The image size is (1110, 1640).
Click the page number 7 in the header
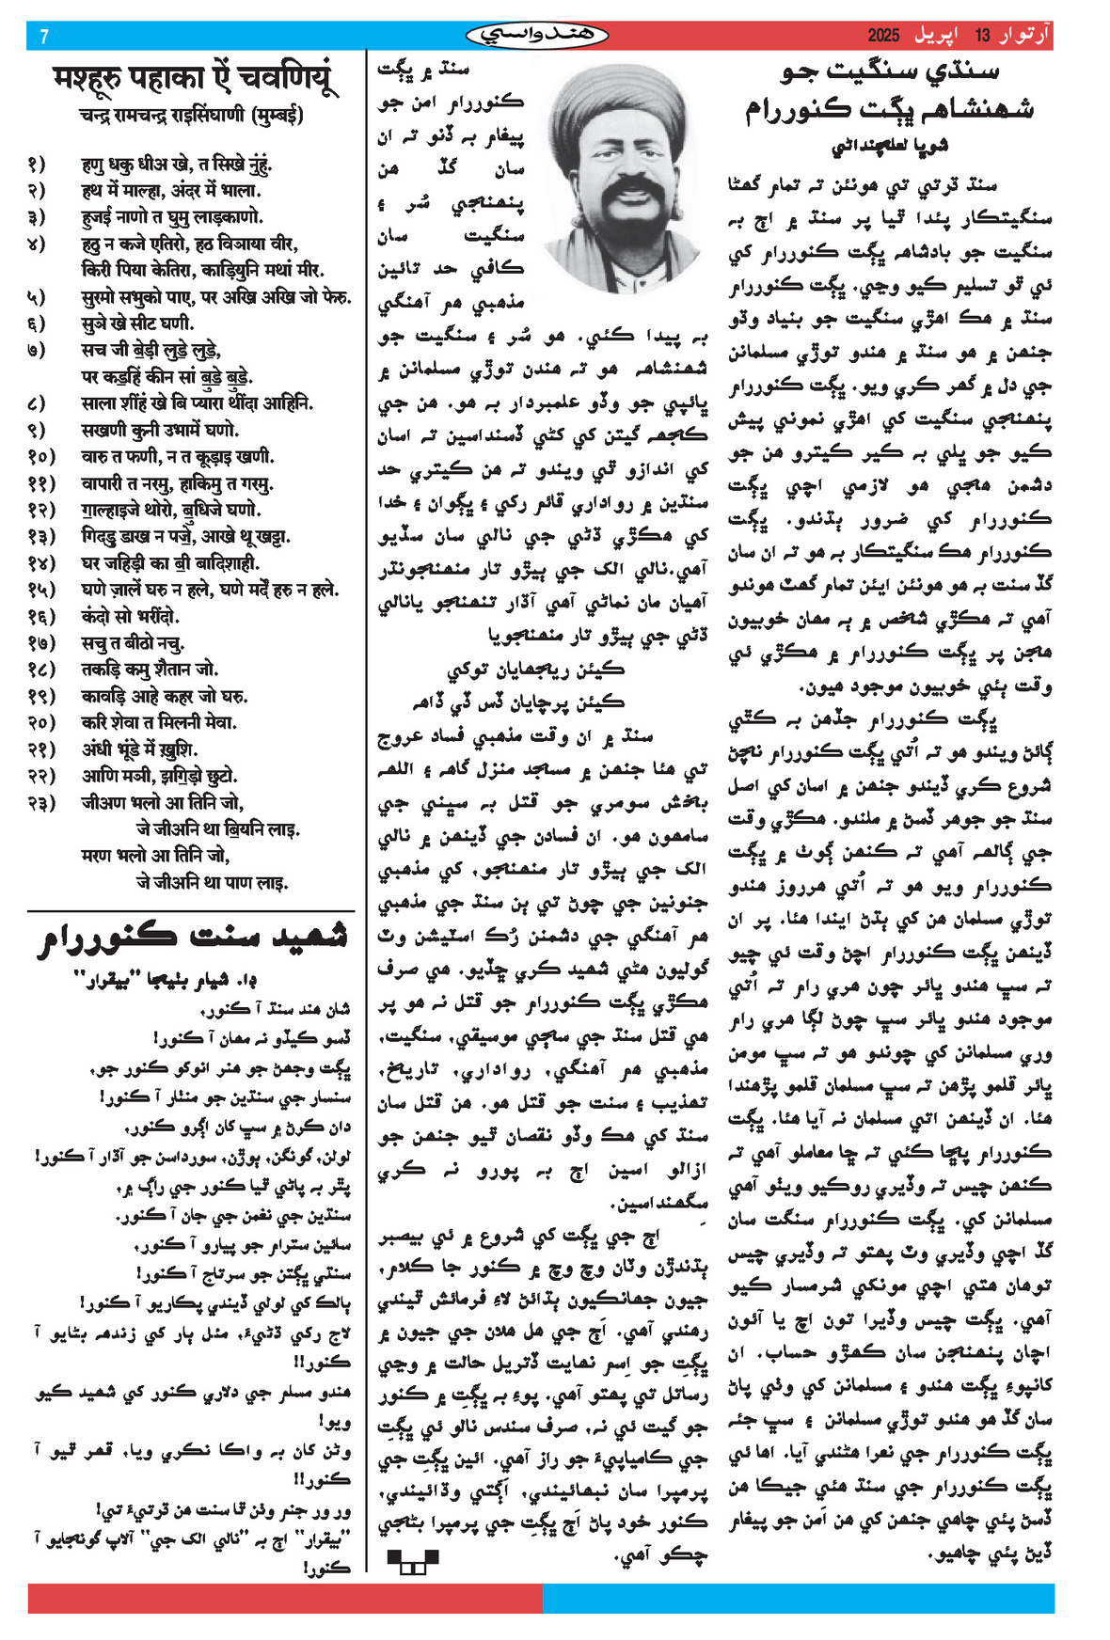[x=44, y=37]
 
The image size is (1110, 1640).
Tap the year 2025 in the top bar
[x=883, y=36]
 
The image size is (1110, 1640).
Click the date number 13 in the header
[x=982, y=36]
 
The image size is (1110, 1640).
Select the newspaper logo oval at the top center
[x=537, y=36]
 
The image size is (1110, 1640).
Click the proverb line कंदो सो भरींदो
[x=130, y=617]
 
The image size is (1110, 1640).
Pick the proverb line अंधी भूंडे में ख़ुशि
[x=139, y=749]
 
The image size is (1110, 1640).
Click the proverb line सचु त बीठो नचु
[x=133, y=643]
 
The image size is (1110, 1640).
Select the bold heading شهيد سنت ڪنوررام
[x=193, y=938]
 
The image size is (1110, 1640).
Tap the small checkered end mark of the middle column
[x=412, y=1562]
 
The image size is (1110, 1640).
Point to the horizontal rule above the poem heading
[x=191, y=910]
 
